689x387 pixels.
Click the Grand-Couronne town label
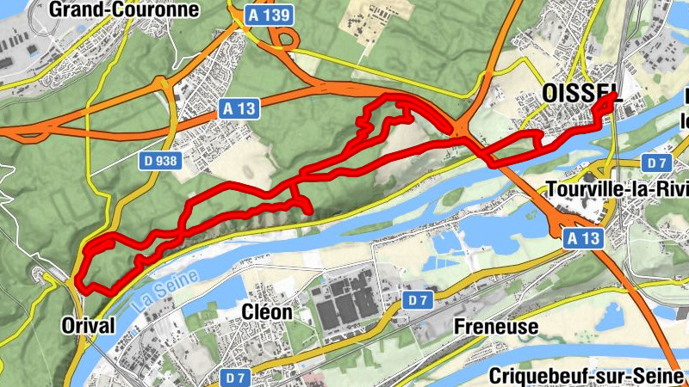click(124, 10)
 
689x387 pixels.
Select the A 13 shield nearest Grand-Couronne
click(239, 108)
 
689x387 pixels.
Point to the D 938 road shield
click(160, 159)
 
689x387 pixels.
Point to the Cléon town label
click(266, 312)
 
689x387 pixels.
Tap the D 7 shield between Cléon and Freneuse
click(418, 299)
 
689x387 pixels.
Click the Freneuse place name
click(495, 327)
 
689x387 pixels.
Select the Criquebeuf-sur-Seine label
click(585, 376)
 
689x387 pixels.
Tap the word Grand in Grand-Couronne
click(79, 10)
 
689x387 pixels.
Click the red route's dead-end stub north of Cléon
click(306, 209)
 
